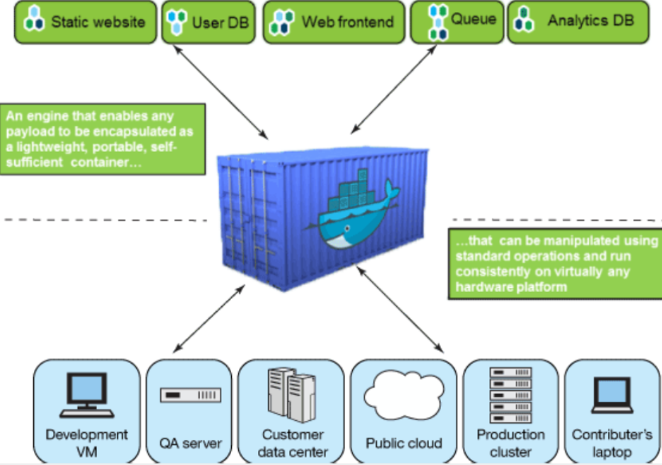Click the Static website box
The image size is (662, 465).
coord(86,22)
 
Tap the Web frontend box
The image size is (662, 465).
coord(334,22)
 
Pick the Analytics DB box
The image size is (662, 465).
coord(578,22)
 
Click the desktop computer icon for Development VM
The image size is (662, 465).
coord(86,393)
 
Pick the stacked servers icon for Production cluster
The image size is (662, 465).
coord(510,393)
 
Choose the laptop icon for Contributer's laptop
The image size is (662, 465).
coord(612,394)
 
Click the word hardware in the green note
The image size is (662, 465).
coord(481,287)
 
